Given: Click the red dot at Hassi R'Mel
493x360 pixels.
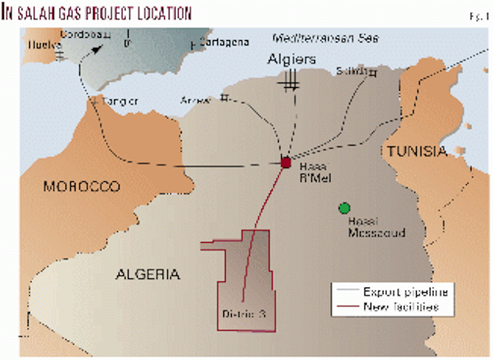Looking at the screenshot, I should click(x=286, y=163).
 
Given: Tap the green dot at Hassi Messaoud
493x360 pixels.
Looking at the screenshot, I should click(x=344, y=207).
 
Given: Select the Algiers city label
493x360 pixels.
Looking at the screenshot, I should click(x=291, y=60).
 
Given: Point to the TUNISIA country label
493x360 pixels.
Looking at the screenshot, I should click(x=416, y=151).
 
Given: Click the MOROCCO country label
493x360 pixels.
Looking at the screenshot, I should click(x=82, y=187).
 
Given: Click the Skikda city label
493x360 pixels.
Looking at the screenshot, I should click(x=352, y=72).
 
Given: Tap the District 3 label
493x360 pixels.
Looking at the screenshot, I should click(x=243, y=314).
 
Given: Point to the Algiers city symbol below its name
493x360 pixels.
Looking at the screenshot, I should click(x=291, y=80).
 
